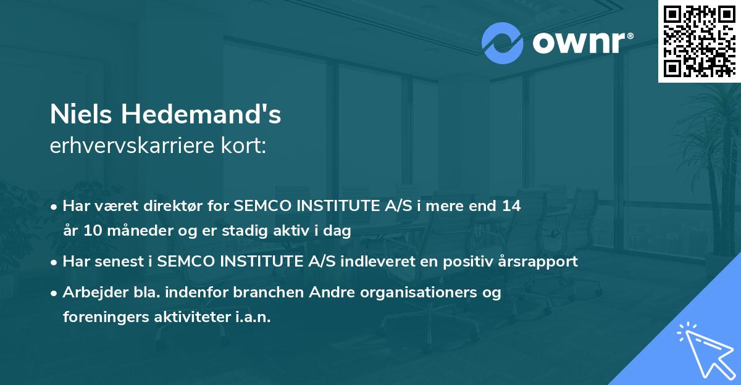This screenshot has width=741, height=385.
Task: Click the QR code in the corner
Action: click(700, 41)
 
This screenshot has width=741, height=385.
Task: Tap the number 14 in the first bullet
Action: click(511, 207)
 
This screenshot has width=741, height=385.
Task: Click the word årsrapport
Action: click(542, 262)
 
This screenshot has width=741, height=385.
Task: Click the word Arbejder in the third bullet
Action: click(90, 292)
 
